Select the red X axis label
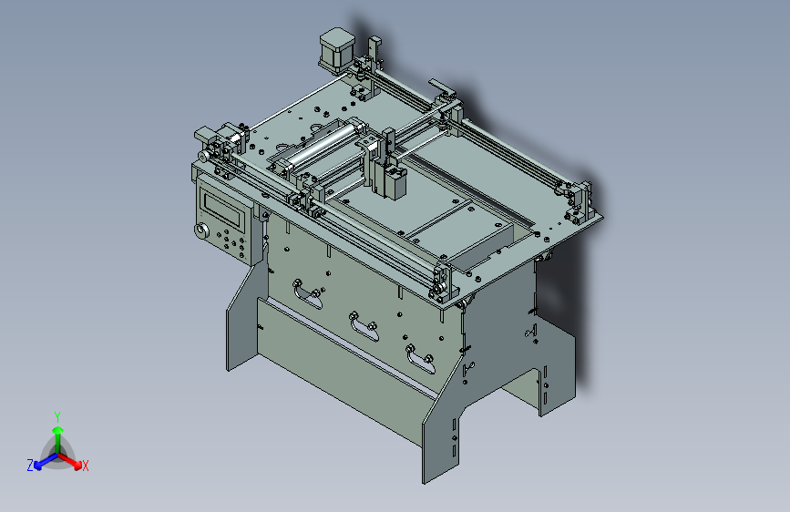(86, 466)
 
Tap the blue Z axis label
(30, 465)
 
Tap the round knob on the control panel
(200, 231)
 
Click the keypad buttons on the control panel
(231, 243)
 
